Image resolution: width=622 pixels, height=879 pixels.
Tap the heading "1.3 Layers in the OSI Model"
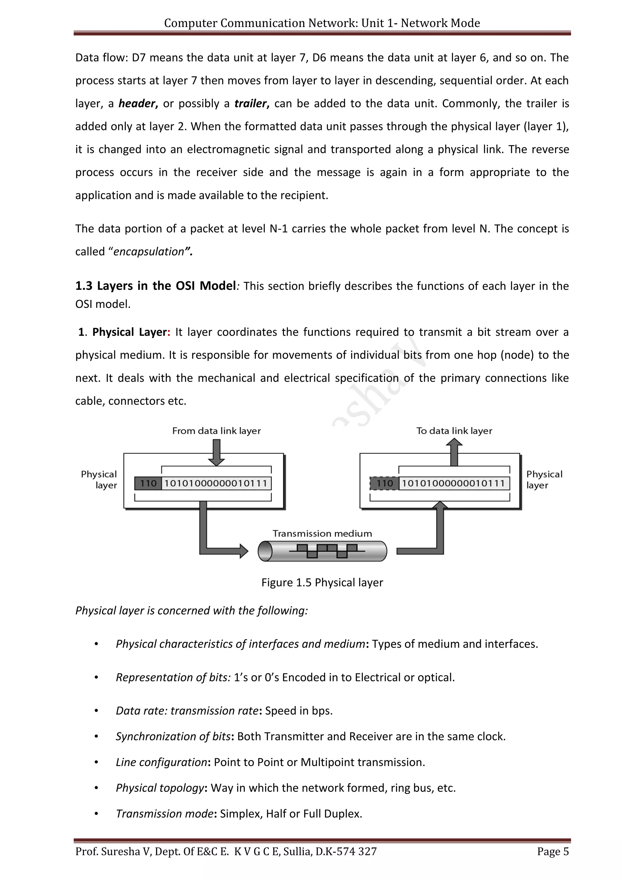155,286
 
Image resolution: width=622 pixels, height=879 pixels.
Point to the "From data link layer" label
217,431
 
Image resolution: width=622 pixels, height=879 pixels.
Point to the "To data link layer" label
454,431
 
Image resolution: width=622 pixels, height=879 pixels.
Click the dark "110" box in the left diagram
148,483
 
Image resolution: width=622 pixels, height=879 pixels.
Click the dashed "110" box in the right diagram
384,483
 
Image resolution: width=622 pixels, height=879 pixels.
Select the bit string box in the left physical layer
216,483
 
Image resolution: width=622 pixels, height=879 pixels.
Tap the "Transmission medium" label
322,533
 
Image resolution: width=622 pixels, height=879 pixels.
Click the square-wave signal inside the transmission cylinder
327,551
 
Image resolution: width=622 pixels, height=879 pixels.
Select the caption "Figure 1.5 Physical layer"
322,582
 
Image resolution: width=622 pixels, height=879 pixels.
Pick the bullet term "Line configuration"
162,762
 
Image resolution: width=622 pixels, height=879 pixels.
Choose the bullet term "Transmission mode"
165,813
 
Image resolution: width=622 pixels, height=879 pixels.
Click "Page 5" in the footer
553,851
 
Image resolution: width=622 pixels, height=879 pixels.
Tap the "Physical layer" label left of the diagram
99,480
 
